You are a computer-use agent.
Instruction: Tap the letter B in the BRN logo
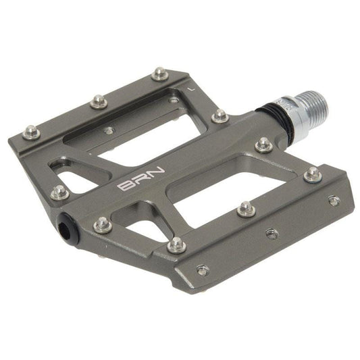pos(126,186)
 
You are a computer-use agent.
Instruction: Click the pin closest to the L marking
pos(159,73)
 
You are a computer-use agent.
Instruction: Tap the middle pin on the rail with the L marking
pos(99,101)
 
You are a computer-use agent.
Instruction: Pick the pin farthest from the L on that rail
pos(30,132)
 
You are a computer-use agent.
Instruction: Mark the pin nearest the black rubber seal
pos(263,145)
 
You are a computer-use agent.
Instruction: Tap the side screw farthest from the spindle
pos(202,270)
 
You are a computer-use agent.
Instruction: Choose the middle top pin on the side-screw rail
pos(246,210)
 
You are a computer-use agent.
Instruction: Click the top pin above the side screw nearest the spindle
pos(312,174)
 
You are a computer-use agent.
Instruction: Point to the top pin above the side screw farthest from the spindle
pos(177,245)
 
